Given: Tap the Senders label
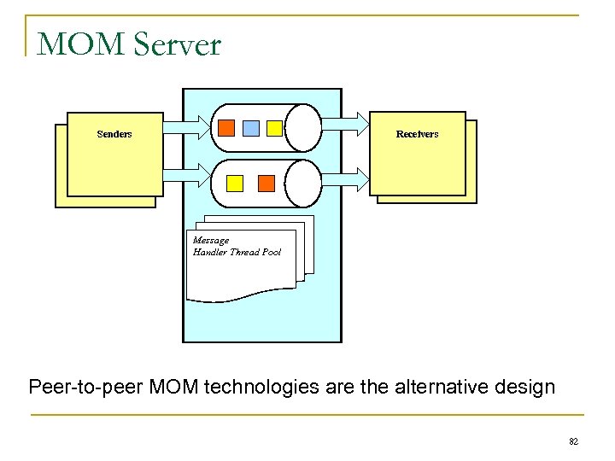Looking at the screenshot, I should pos(114,134).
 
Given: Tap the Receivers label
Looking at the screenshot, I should pos(417,134).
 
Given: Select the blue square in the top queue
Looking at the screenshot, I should pos(250,128).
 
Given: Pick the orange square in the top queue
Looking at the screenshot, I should pos(226,128).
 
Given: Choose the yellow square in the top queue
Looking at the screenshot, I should pos(274,128).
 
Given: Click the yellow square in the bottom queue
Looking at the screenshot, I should pos(235,183).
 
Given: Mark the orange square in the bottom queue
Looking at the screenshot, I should pos(266,183).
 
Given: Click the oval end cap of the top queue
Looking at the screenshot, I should pos(303,128).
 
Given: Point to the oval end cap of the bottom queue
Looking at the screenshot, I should pos(303,183).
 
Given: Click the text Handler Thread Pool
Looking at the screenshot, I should pos(237,253).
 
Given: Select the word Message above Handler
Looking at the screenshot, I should pos(211,241).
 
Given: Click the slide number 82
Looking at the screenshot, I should pos(573,441).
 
